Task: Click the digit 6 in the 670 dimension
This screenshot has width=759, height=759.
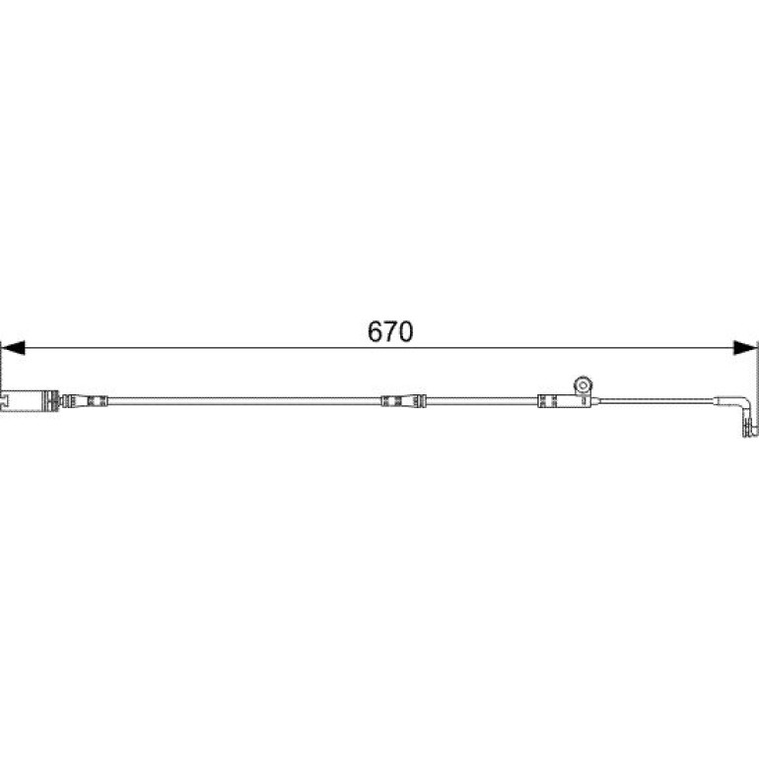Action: click(x=376, y=331)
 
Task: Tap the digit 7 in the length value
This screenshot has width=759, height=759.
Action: click(x=390, y=331)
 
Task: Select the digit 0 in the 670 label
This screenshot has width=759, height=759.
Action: click(x=406, y=331)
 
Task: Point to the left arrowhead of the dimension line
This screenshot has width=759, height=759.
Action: click(x=13, y=348)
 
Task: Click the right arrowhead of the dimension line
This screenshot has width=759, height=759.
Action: click(x=745, y=348)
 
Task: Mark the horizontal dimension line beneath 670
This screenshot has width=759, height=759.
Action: click(x=379, y=348)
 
